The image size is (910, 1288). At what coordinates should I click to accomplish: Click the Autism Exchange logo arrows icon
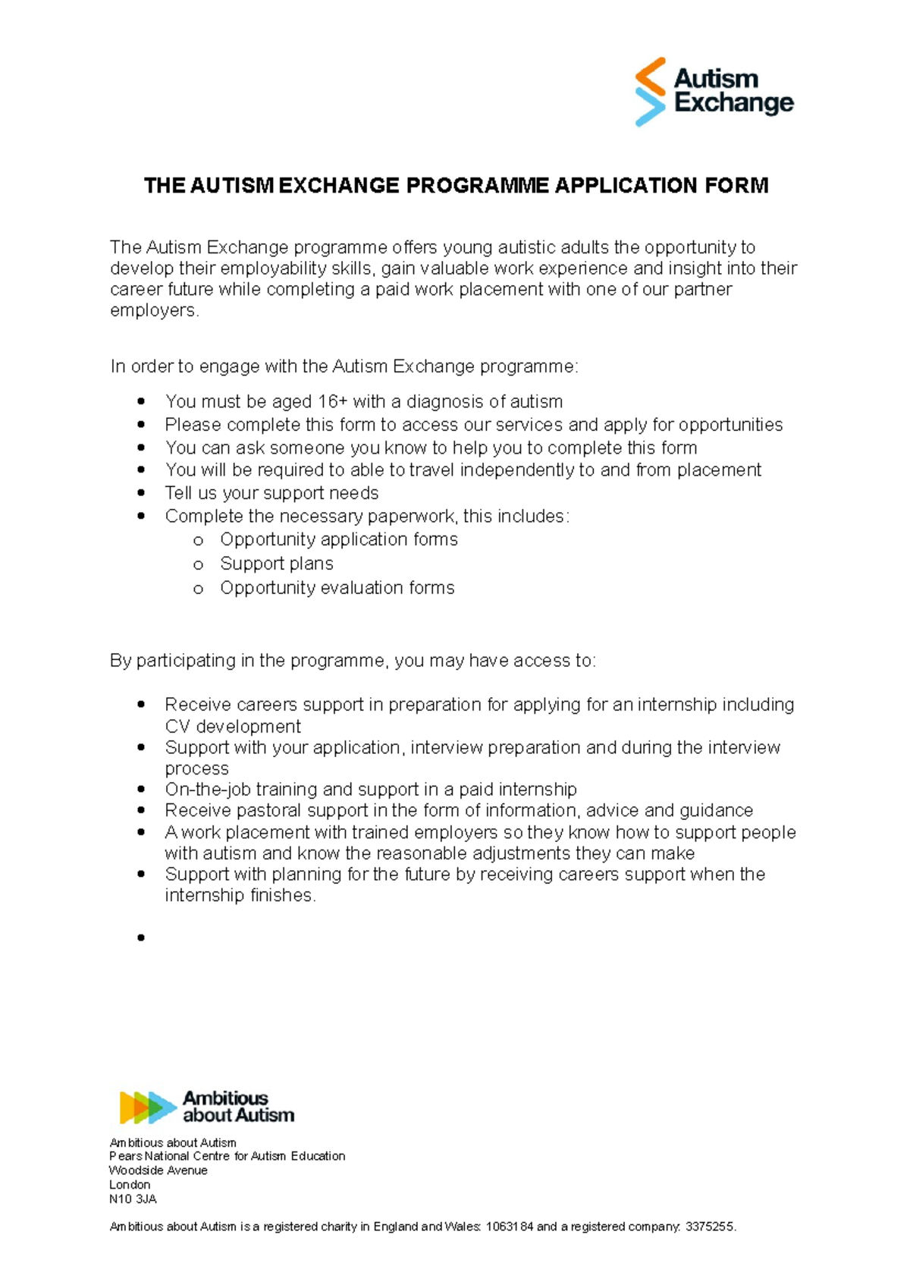point(650,91)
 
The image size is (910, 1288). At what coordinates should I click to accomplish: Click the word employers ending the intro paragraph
point(154,311)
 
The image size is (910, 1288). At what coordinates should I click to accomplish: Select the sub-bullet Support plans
point(276,564)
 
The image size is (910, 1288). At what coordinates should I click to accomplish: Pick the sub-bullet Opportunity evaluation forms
point(337,588)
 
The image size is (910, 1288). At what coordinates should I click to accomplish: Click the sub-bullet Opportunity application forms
point(338,539)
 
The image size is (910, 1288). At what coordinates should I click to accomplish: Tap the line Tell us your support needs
point(271,493)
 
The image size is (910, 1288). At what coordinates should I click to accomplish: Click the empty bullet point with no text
point(141,938)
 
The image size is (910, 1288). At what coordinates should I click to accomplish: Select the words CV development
point(233,727)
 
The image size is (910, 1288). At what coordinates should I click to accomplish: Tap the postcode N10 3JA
point(133,1199)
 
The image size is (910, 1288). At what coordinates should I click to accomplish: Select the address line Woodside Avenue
point(158,1170)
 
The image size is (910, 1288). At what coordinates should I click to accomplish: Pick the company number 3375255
point(709,1227)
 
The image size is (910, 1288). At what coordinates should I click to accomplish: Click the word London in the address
point(130,1185)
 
